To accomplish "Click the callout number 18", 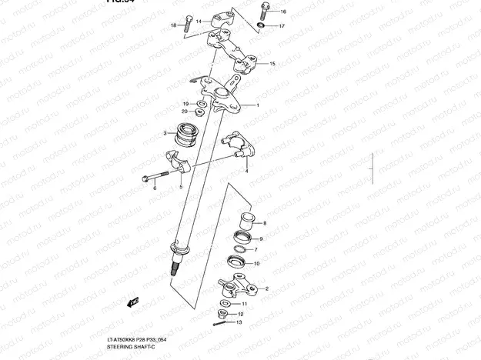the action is click(x=174, y=25).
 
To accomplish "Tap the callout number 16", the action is click(x=282, y=12).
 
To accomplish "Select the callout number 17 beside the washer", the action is click(x=282, y=26).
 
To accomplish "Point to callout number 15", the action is click(x=272, y=64).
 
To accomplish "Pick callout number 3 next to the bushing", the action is click(x=165, y=133).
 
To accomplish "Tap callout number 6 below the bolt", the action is click(x=154, y=187).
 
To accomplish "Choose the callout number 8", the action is click(x=265, y=223).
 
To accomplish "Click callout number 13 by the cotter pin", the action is click(x=239, y=323).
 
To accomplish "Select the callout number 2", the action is click(x=266, y=288).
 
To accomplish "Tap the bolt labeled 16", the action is click(x=264, y=11).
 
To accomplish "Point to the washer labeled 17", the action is click(x=262, y=25).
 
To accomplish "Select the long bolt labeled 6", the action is click(x=157, y=175).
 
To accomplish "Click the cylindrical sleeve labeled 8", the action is click(x=245, y=222).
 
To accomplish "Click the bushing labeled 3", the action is click(x=185, y=135).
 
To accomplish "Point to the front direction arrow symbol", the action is click(x=132, y=300).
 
